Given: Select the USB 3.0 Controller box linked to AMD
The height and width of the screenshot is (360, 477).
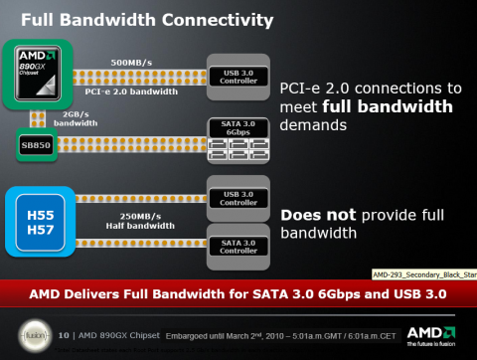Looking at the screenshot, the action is (x=238, y=76).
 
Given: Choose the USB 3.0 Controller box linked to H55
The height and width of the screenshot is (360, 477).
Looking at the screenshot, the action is (x=238, y=196).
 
